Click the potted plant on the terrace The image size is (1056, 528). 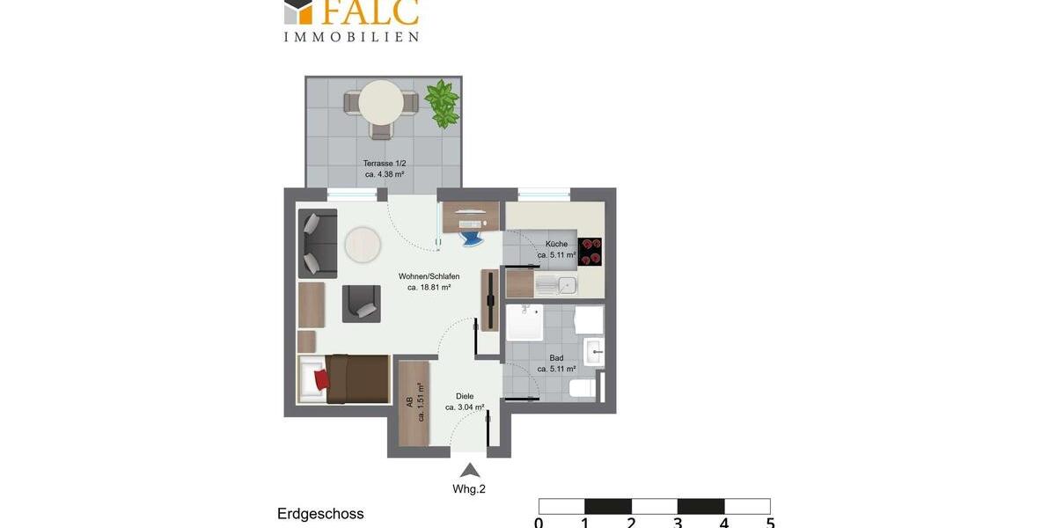click(442, 102)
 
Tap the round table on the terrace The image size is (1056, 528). click(381, 102)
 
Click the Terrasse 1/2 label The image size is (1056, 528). click(385, 163)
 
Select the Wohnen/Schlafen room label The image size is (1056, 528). click(429, 276)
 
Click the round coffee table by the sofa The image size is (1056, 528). click(363, 246)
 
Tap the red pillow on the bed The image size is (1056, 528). click(320, 379)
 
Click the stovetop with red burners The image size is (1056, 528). click(590, 251)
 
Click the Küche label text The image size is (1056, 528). click(556, 244)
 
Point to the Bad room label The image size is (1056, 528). click(556, 358)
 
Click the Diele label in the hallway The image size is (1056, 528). click(465, 396)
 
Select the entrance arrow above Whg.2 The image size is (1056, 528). click(471, 470)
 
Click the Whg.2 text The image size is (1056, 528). click(469, 489)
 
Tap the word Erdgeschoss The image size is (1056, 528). click(320, 514)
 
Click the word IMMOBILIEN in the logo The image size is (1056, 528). click(350, 37)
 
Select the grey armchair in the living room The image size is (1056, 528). click(361, 304)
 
